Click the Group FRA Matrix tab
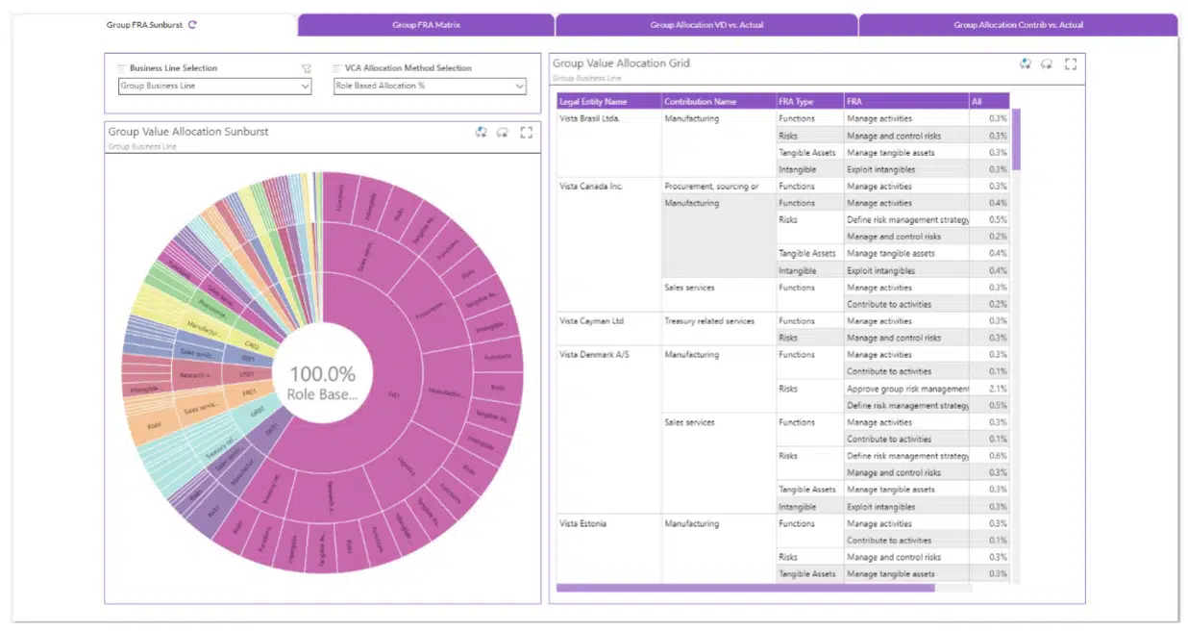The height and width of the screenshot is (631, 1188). pyautogui.click(x=426, y=25)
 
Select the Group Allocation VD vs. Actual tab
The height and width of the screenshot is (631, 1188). pyautogui.click(x=706, y=25)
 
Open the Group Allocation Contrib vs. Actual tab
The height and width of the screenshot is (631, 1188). pyautogui.click(x=1018, y=25)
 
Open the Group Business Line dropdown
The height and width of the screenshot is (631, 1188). pyautogui.click(x=215, y=87)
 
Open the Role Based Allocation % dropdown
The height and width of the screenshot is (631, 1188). pyautogui.click(x=430, y=87)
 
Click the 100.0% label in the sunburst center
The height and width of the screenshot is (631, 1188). pyautogui.click(x=322, y=374)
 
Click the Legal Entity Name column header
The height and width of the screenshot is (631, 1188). pyautogui.click(x=593, y=101)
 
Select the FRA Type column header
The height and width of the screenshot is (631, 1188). pyautogui.click(x=796, y=101)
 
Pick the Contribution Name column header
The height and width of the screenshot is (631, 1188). pyautogui.click(x=701, y=101)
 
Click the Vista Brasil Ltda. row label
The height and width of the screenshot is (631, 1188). pyautogui.click(x=589, y=118)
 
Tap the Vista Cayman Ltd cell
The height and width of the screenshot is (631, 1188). pyautogui.click(x=591, y=321)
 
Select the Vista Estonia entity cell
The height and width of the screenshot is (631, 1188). pyautogui.click(x=582, y=523)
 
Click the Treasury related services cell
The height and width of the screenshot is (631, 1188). pyautogui.click(x=709, y=321)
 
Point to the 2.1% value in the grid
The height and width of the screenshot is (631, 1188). pyautogui.click(x=999, y=389)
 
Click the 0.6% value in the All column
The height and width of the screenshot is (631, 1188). pyautogui.click(x=999, y=456)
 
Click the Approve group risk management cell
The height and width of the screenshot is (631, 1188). pyautogui.click(x=907, y=389)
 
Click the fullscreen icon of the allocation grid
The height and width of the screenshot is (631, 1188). pyautogui.click(x=1071, y=64)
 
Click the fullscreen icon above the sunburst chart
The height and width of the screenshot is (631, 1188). pyautogui.click(x=526, y=133)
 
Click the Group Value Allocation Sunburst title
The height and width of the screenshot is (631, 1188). pyautogui.click(x=187, y=132)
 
